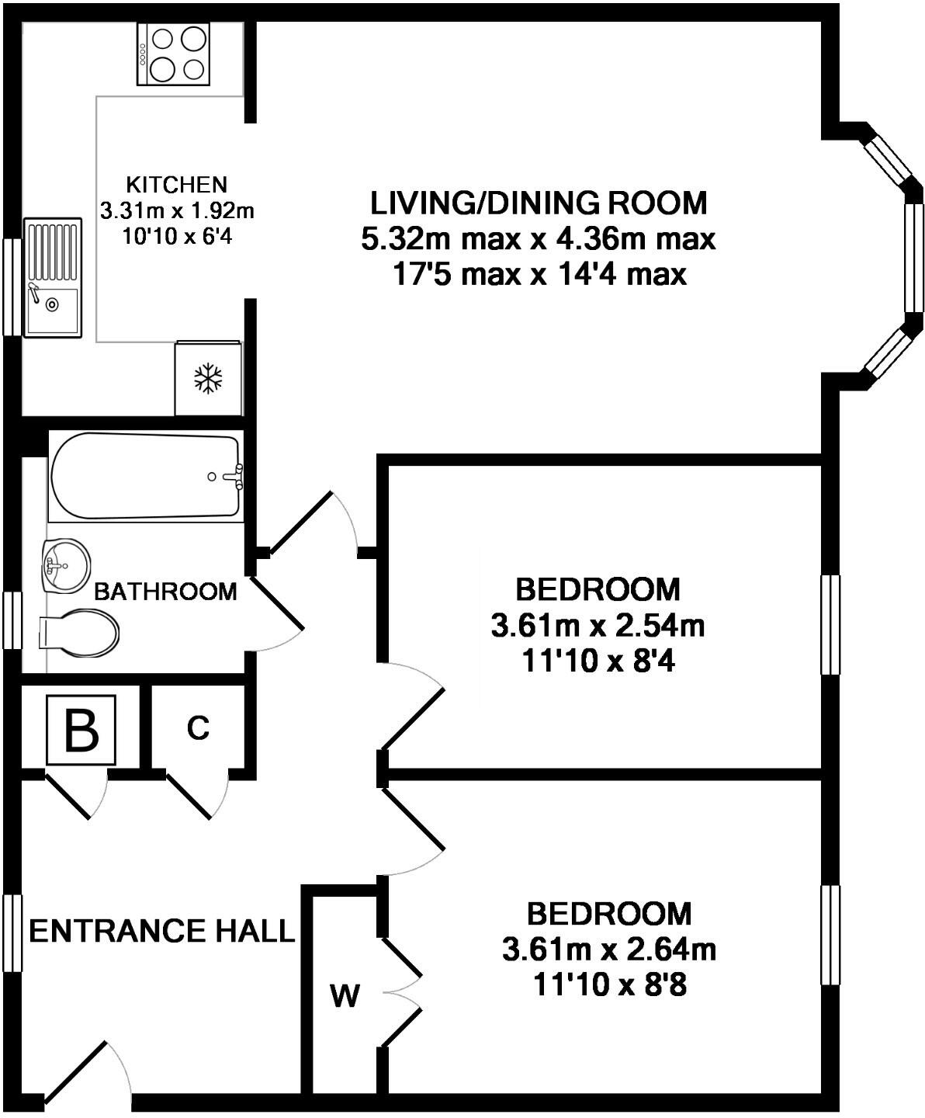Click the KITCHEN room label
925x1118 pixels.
point(177,185)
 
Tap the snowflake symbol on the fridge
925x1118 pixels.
point(208,378)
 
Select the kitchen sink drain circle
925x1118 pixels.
point(52,304)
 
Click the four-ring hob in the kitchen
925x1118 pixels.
point(174,54)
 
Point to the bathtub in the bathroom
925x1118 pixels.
point(146,476)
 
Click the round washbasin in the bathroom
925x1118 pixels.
point(64,566)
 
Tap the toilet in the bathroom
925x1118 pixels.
point(78,633)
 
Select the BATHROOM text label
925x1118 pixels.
point(165,592)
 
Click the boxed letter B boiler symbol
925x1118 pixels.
point(81,729)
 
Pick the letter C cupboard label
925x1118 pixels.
point(198,728)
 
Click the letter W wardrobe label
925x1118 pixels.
point(345,996)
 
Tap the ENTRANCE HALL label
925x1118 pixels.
point(161,931)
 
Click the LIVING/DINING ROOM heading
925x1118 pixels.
point(539,203)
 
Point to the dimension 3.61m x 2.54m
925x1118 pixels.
point(598,626)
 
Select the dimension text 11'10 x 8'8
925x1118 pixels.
point(610,984)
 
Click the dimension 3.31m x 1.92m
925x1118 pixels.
point(177,211)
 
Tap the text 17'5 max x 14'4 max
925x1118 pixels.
point(539,275)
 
